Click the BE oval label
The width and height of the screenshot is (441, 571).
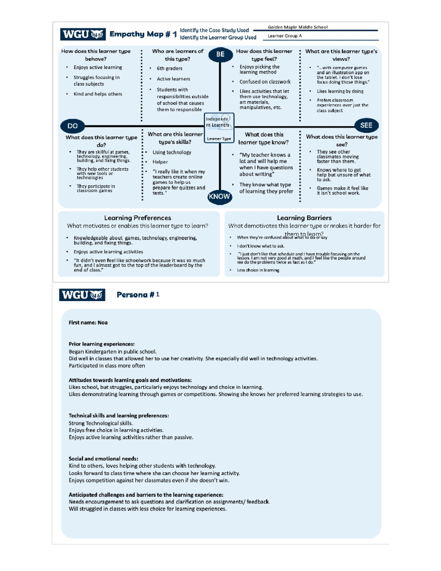(220, 54)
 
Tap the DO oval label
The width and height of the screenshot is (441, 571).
(72, 126)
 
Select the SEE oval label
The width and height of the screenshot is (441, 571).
(366, 125)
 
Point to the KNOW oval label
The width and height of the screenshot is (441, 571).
(219, 196)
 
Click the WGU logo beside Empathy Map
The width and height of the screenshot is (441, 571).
(83, 34)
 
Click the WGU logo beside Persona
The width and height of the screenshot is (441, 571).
(82, 295)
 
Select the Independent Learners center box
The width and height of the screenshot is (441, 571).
(219, 128)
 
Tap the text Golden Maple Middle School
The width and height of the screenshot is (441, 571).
(297, 27)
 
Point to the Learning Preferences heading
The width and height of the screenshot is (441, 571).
(137, 218)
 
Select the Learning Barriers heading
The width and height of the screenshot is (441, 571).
(304, 218)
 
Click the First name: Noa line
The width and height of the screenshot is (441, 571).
(88, 323)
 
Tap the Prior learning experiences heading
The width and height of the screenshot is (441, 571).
(101, 344)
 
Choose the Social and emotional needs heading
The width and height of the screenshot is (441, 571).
(103, 459)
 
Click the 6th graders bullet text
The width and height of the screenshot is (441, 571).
(169, 68)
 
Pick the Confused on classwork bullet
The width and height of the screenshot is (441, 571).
(265, 82)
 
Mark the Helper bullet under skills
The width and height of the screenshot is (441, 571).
(160, 162)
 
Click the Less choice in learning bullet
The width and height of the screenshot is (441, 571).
(258, 270)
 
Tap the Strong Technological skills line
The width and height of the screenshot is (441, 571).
(101, 423)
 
